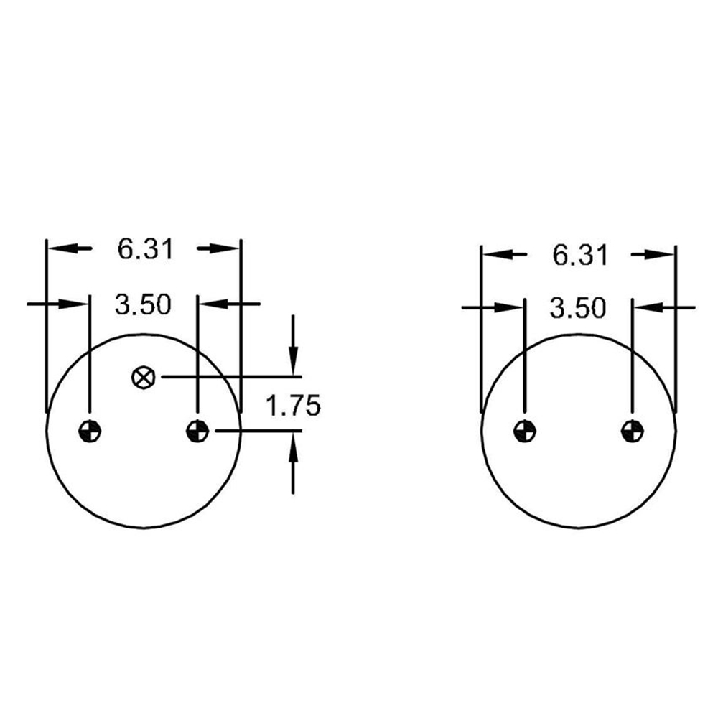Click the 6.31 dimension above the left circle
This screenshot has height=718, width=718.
[146, 250]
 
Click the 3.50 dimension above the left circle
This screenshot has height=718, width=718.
[143, 304]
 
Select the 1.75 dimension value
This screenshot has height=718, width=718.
[293, 406]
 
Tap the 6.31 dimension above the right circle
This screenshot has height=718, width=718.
[580, 255]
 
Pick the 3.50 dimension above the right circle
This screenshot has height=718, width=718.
[577, 308]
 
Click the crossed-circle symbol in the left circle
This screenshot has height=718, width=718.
[144, 378]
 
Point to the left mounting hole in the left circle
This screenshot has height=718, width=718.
[90, 431]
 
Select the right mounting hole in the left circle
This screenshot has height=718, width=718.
[197, 431]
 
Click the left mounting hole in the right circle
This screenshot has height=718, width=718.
[524, 431]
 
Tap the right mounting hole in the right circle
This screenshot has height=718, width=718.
[633, 431]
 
